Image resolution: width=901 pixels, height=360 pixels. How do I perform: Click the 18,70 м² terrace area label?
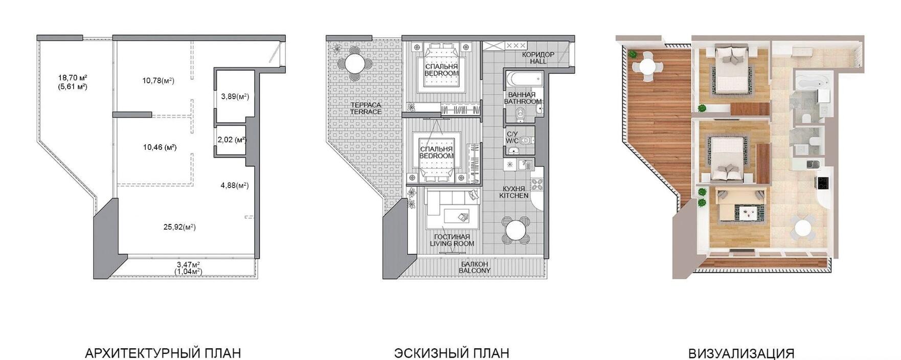point(72,78)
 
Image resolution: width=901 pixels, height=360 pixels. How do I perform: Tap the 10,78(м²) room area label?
point(159,80)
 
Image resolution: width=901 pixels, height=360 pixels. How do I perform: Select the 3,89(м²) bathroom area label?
point(235,96)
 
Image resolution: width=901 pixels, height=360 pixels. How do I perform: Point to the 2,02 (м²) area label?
point(232,139)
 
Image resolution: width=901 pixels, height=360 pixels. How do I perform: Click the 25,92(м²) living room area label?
point(179,227)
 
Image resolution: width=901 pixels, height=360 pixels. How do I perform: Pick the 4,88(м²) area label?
point(235,185)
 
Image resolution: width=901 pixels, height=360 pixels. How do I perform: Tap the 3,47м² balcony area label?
point(188,264)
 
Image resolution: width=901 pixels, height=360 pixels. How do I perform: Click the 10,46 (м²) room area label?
point(160,147)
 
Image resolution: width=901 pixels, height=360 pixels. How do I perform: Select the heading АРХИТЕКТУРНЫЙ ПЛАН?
point(163,353)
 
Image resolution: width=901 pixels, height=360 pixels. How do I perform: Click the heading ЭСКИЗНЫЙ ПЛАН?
point(452,353)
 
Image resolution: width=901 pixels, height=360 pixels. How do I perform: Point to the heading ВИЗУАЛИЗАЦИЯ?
point(741,353)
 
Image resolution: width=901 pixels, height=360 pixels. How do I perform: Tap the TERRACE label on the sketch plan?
point(366,112)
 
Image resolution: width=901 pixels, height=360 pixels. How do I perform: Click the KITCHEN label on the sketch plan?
point(514,195)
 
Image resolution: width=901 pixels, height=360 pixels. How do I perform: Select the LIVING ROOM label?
point(452,243)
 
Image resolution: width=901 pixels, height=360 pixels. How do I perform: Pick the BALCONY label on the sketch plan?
point(475,271)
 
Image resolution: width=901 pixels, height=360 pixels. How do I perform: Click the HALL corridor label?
point(538,61)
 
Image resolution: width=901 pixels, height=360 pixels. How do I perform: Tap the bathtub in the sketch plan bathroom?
point(524,79)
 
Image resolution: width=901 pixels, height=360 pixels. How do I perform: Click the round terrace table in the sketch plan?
point(355,64)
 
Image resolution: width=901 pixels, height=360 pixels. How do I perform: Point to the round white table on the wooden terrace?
point(647,66)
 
